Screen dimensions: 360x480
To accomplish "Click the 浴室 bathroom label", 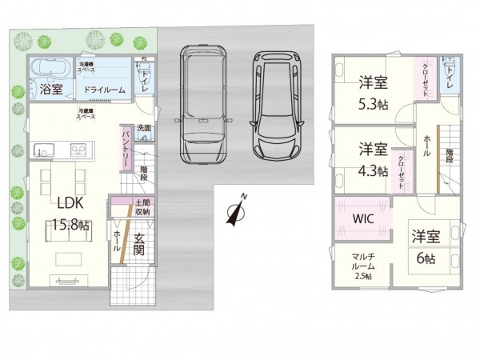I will click(x=52, y=90).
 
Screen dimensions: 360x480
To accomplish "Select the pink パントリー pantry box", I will click(x=126, y=148).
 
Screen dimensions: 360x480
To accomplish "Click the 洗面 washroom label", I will click(x=144, y=128).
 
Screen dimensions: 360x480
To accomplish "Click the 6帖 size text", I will click(x=426, y=258).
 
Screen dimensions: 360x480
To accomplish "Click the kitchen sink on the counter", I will click(x=45, y=149).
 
